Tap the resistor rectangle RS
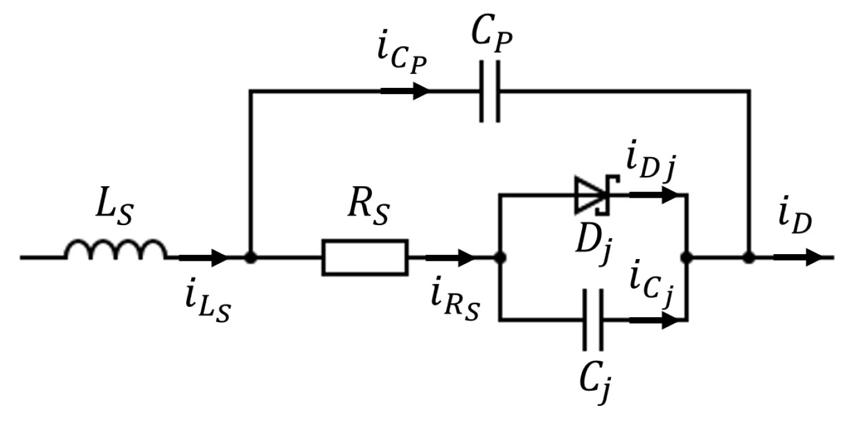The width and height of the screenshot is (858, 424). (365, 257)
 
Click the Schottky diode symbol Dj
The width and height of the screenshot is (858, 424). (590, 195)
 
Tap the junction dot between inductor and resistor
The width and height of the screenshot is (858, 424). (250, 257)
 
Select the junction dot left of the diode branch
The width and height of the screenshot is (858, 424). (500, 257)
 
